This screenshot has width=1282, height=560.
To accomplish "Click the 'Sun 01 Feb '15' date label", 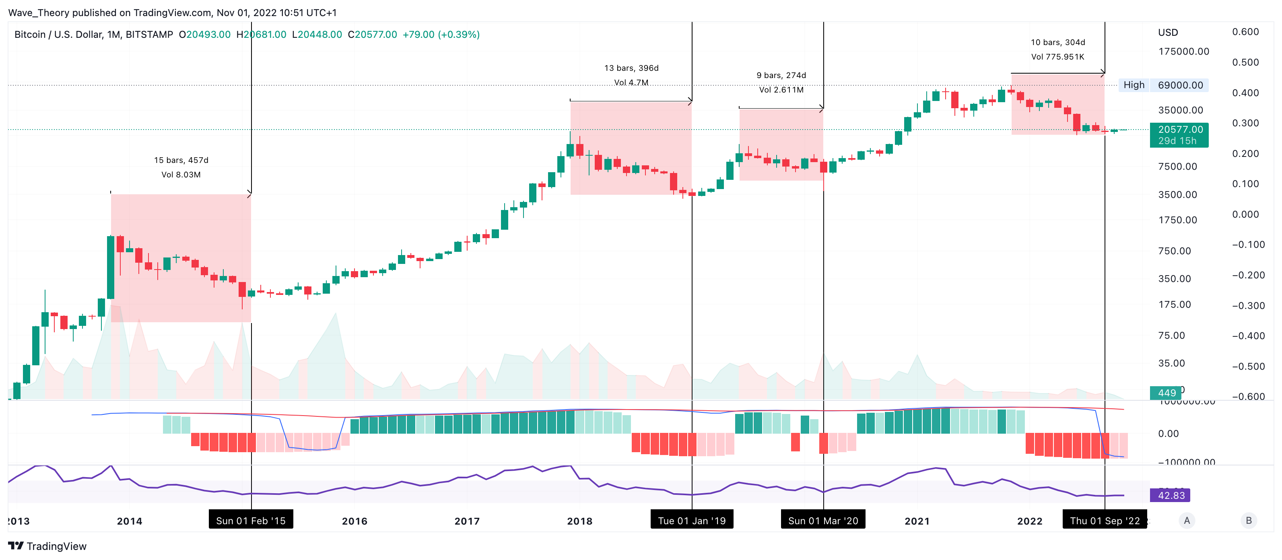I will coord(251,521).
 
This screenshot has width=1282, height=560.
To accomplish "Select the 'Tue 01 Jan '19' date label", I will coord(692,521).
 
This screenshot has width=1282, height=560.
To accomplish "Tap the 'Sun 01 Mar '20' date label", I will coord(823,521).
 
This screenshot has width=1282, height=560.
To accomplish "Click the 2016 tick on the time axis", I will coord(355,521).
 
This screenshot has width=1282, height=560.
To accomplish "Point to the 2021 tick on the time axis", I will coord(917,521).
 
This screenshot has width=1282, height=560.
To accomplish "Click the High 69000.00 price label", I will coord(1164,85).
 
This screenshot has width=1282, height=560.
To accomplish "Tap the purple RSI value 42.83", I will coord(1171,495).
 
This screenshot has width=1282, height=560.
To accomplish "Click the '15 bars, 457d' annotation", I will coord(181,160).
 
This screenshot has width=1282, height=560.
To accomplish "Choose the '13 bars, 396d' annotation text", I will coord(631,68).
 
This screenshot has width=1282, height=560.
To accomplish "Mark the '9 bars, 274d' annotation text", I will coord(781,75).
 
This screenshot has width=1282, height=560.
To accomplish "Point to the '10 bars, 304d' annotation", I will coord(1058,42).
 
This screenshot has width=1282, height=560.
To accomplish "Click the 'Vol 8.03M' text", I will coord(181,175).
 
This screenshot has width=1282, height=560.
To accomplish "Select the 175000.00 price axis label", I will coord(1183,51).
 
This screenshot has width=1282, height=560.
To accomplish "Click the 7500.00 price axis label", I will coord(1177,166).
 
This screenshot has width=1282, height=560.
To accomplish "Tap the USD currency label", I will coord(1168,32).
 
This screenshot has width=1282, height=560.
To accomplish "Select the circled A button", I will coord(1187,521).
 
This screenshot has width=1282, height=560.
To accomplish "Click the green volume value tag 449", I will coord(1167,393).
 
